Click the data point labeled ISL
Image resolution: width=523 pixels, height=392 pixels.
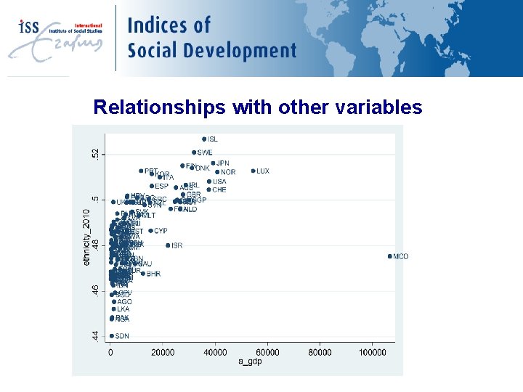pos(204,139)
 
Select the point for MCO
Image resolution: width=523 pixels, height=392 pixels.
pos(390,256)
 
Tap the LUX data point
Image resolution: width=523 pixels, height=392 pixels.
pos(253,171)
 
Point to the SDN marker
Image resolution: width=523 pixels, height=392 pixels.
pos(112,336)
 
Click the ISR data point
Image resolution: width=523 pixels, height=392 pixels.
pos(168,245)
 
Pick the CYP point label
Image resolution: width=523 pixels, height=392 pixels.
pos(161,231)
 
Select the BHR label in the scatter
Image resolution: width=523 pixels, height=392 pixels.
pos(153,274)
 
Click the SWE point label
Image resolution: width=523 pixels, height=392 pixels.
pos(205,152)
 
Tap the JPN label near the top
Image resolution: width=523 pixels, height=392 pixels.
pos(223,163)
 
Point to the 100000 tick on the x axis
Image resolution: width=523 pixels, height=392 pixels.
pos(372,352)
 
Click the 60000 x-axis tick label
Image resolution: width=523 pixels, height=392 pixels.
pos(267,352)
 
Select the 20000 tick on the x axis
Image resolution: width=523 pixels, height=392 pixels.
pos(162,352)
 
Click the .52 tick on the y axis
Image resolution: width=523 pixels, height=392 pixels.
pos(93,154)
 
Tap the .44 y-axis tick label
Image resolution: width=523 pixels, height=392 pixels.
pos(93,336)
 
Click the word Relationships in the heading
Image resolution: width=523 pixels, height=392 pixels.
pos(160,107)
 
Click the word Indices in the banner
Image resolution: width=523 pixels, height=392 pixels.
pos(169,25)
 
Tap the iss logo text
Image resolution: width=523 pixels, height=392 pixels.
pos(29,27)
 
